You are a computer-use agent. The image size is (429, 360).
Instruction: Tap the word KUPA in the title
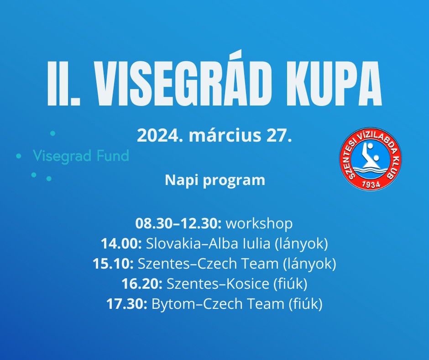pos(334,83)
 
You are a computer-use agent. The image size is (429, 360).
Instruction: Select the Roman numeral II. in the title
pos(64,83)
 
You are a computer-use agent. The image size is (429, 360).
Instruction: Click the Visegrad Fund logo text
pos(81,156)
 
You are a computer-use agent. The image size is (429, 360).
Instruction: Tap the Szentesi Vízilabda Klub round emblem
pos(371,159)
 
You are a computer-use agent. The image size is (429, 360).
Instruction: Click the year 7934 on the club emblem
pos(371,184)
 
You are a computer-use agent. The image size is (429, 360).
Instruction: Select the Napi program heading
pos(215,181)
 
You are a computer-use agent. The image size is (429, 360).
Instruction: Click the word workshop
pos(259,223)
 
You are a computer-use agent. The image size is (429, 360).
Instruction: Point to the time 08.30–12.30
pos(178,223)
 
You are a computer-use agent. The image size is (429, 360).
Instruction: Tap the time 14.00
pos(121,244)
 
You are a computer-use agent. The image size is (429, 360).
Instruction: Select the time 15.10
pos(113,264)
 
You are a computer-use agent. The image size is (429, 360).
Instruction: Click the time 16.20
pos(142,284)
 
